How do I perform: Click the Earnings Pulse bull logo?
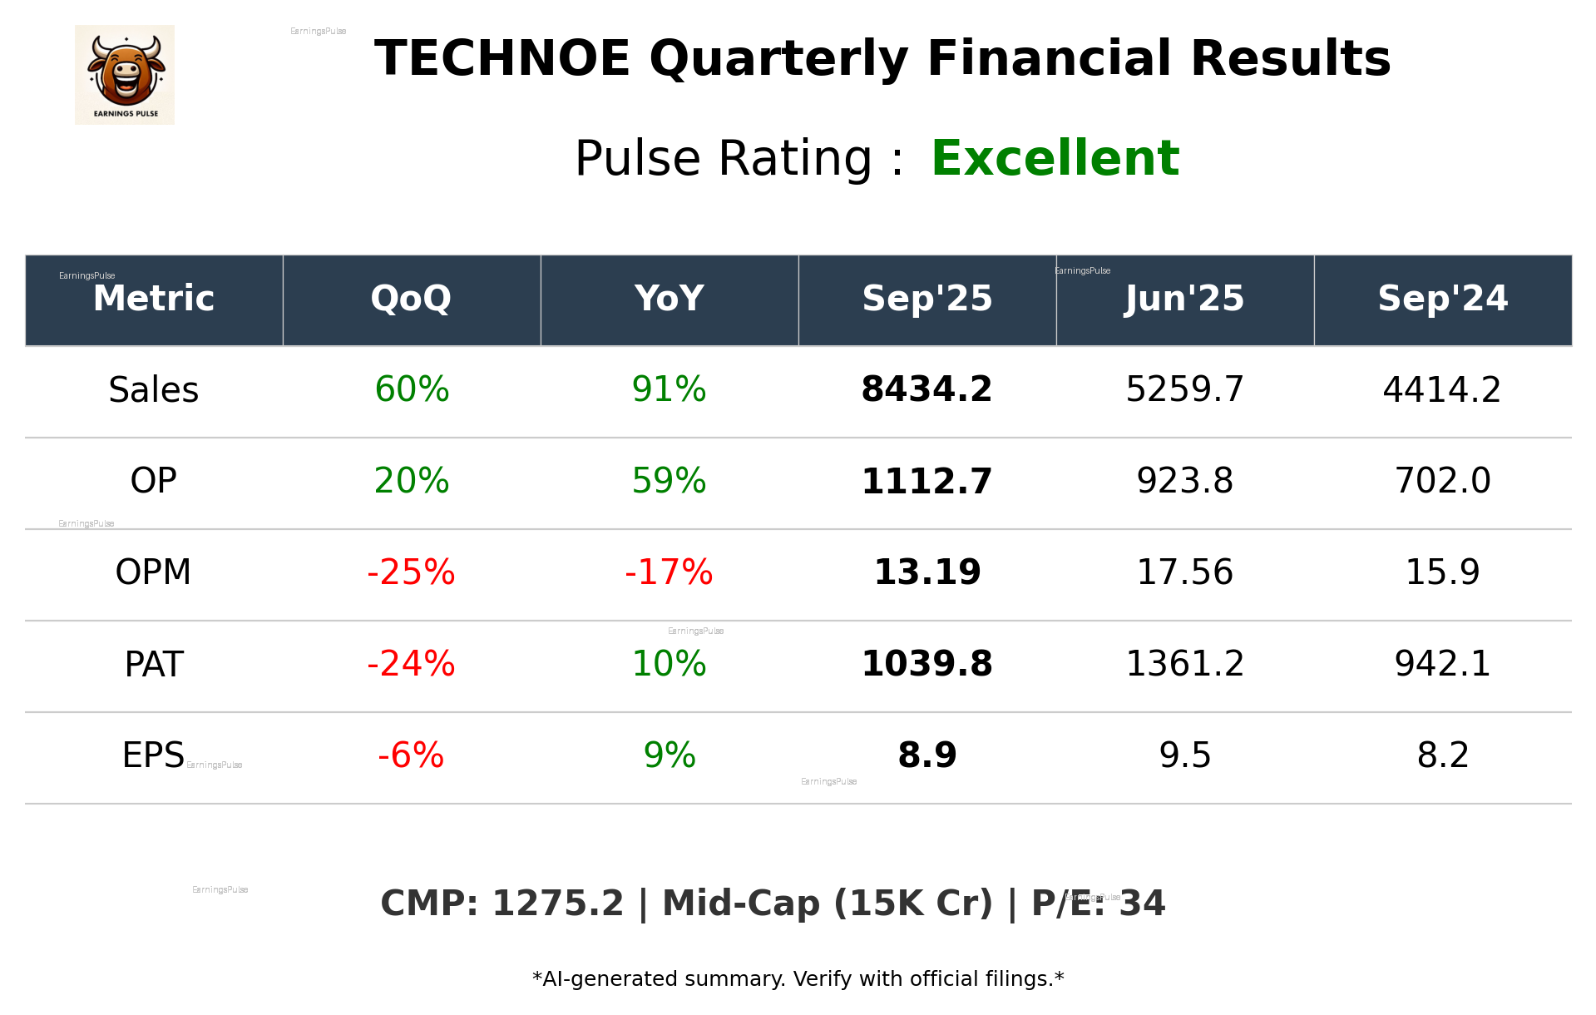125,74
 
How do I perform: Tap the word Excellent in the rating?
1055,158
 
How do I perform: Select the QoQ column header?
411,299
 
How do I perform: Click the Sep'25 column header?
926,299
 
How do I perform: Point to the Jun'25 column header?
1184,299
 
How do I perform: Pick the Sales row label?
154,389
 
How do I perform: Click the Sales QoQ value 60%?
412,389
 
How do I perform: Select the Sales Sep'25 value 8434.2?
926,389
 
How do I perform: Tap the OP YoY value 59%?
669,481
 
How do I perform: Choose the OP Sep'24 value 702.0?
1442,481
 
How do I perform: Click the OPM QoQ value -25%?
411,572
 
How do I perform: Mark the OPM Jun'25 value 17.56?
1184,572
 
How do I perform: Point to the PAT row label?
154,664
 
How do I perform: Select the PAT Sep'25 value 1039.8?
926,664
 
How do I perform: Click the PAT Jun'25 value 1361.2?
1184,664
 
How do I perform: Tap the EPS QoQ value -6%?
411,755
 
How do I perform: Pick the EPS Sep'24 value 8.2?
1442,755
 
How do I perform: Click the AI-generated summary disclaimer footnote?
798,979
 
